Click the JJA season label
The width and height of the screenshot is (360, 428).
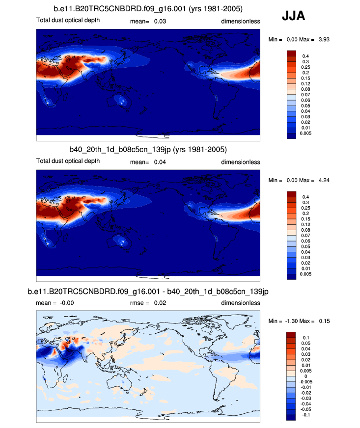point(293,16)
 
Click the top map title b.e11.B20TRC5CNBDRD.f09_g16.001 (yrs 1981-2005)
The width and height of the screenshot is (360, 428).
point(148,9)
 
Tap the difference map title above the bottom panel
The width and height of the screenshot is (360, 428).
point(148,292)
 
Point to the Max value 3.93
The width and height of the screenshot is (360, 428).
point(323,39)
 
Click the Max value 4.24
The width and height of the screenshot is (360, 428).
point(323,180)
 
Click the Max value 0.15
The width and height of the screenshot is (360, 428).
point(323,321)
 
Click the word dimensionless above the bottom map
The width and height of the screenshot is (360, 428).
point(240,303)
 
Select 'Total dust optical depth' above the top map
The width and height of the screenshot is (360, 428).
point(68,21)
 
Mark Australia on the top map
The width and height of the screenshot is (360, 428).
point(119,102)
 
